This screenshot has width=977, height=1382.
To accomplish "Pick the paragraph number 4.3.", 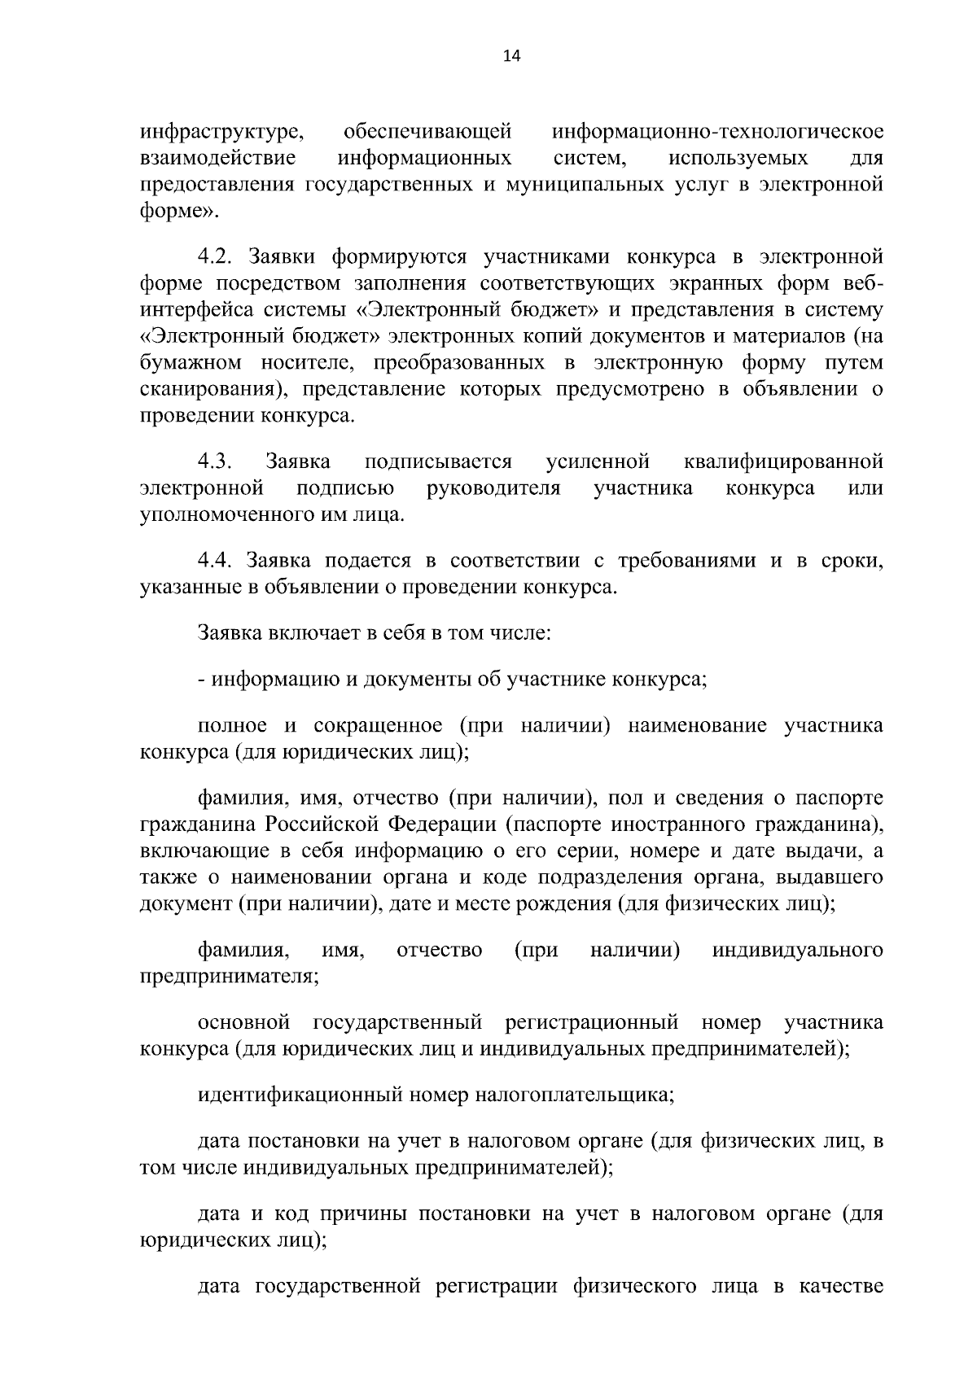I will (216, 462).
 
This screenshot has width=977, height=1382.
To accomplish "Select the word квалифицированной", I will (783, 462).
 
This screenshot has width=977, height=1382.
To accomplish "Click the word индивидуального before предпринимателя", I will (798, 950).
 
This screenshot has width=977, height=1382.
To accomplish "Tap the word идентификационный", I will (297, 1095).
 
